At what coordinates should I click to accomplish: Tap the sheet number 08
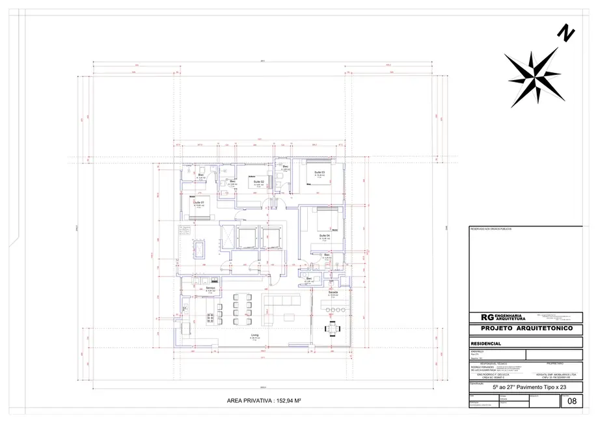click(x=572, y=402)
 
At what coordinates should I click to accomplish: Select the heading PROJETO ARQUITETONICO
click(x=526, y=329)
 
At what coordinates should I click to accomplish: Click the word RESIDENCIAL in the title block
click(x=485, y=343)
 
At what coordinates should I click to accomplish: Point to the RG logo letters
click(x=487, y=317)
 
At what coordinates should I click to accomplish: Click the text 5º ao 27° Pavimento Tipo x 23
click(x=526, y=387)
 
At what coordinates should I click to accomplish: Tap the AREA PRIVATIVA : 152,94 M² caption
click(x=262, y=401)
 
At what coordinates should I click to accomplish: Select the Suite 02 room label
click(x=258, y=182)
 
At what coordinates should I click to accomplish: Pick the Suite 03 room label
click(x=319, y=172)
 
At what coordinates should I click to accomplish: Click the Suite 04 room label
click(x=324, y=234)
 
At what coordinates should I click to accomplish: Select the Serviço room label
click(x=211, y=288)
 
